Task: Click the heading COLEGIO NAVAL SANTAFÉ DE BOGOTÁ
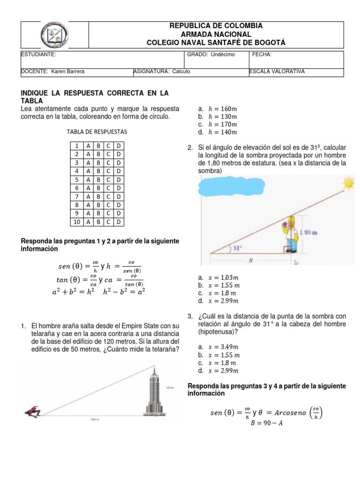tap(216, 43)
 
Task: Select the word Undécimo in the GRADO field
tap(223, 55)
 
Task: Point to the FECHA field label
tap(262, 55)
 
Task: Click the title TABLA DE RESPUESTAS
tap(97, 132)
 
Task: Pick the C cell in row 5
tap(108, 179)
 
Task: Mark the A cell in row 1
tap(88, 145)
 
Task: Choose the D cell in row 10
tap(119, 221)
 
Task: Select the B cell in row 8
tap(98, 204)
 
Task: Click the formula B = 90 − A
tap(266, 423)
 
